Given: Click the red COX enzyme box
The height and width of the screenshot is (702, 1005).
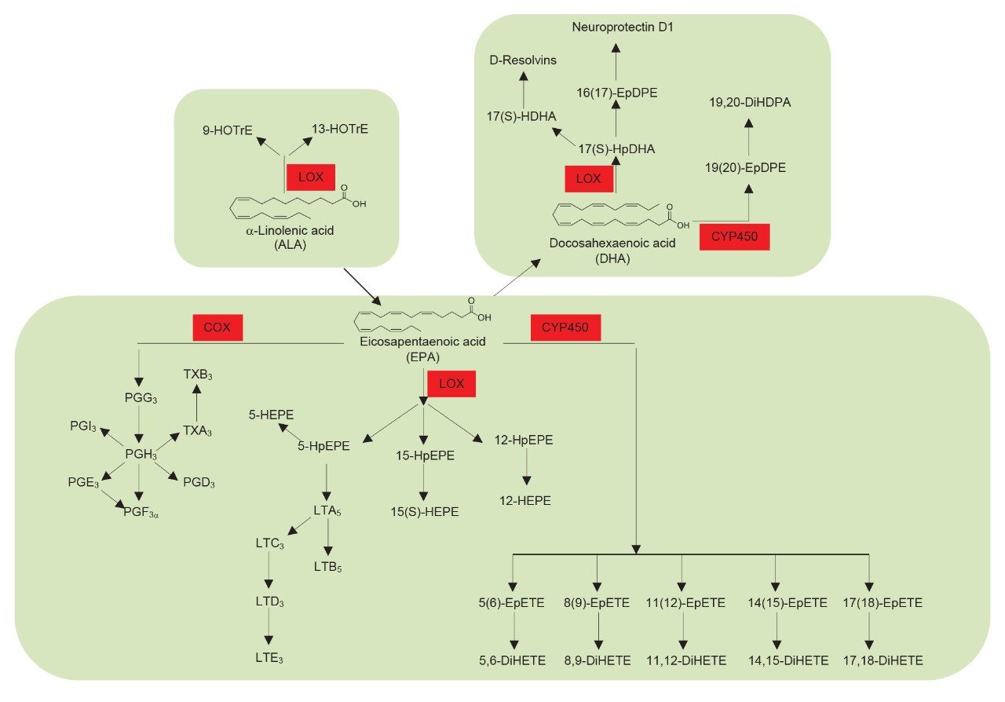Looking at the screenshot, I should coord(217,327).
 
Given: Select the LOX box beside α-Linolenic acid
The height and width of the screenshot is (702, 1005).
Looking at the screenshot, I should coord(310,178).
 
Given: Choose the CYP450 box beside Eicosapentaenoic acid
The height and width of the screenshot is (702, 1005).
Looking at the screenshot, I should coord(565,327).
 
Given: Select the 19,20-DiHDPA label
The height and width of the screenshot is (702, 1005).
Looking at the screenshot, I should coord(747,102).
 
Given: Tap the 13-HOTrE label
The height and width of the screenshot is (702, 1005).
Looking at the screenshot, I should coord(339,130).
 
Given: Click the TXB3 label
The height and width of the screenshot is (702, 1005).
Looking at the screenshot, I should coord(197,375).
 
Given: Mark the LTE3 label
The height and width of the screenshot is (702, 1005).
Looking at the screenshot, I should coord(269,660).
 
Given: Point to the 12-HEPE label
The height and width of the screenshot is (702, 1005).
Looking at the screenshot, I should coord(525,500).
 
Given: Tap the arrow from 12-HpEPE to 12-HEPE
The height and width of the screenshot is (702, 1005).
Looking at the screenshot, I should coord(525,470).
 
